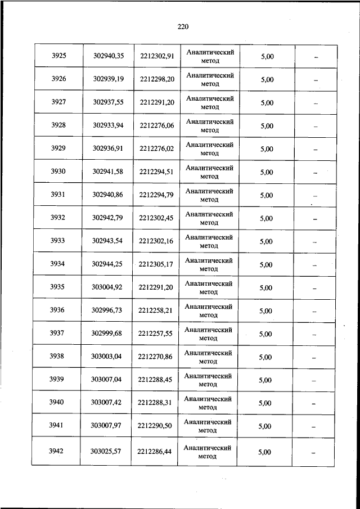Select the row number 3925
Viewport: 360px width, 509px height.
(58, 56)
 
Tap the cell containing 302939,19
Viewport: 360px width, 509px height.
(108, 79)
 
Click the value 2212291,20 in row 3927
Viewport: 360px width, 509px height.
(157, 102)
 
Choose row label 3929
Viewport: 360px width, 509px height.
(58, 148)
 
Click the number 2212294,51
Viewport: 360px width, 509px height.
(157, 172)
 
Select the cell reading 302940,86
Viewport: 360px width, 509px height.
(108, 195)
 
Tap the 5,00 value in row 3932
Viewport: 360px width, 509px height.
(267, 218)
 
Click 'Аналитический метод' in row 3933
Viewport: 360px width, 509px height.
(209, 241)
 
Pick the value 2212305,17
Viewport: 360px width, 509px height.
(157, 264)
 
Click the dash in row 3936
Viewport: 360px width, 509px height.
(315, 311)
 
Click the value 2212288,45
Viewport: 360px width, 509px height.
(156, 380)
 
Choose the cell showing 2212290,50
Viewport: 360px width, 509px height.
(156, 426)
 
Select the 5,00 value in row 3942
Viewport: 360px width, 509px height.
(265, 452)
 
